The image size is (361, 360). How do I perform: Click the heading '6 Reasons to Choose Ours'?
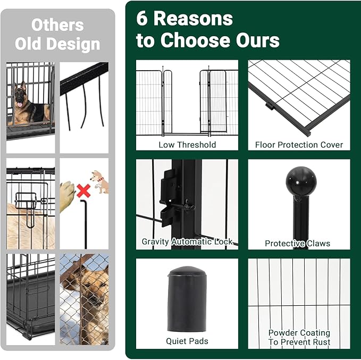point(207,30)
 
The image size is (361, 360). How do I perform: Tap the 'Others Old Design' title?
point(57,34)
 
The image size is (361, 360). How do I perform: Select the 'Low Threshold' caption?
point(187,145)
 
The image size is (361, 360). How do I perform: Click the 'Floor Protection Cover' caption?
point(299,145)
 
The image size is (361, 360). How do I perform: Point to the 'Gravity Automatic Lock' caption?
point(187,242)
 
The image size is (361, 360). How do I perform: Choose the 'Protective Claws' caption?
point(298,244)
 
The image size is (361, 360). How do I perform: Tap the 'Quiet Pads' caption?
point(187,341)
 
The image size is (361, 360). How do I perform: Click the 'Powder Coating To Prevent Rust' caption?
point(299,337)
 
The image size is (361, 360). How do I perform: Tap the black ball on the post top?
point(300,182)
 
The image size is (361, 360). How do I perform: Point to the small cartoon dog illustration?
point(99,181)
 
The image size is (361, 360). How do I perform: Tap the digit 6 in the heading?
point(142,19)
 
